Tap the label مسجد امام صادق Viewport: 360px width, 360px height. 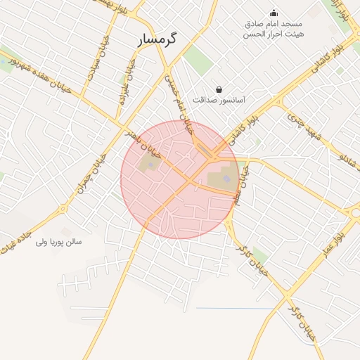(x=274, y=25)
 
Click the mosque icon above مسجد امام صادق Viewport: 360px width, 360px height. (x=274, y=13)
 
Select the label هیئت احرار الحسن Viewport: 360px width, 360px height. (x=274, y=34)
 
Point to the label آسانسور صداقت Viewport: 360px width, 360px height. (x=219, y=101)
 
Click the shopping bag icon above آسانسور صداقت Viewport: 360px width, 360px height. (x=219, y=90)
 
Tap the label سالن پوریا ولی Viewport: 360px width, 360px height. (x=59, y=242)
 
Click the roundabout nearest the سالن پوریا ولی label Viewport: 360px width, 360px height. (x=63, y=209)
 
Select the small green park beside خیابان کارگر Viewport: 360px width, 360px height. (x=259, y=255)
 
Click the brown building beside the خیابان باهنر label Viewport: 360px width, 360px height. (x=148, y=165)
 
